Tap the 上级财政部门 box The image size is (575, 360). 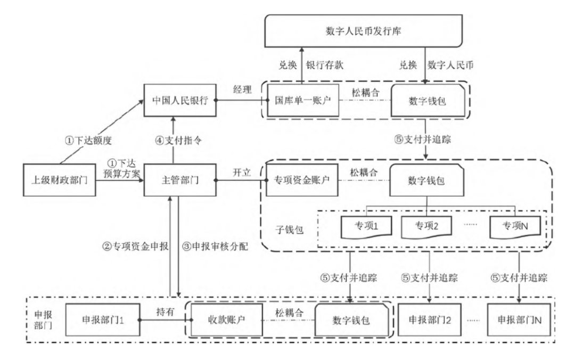(59, 180)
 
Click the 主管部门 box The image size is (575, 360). (180, 180)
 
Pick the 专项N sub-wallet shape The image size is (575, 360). (515, 226)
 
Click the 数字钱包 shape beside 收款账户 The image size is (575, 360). (351, 320)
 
